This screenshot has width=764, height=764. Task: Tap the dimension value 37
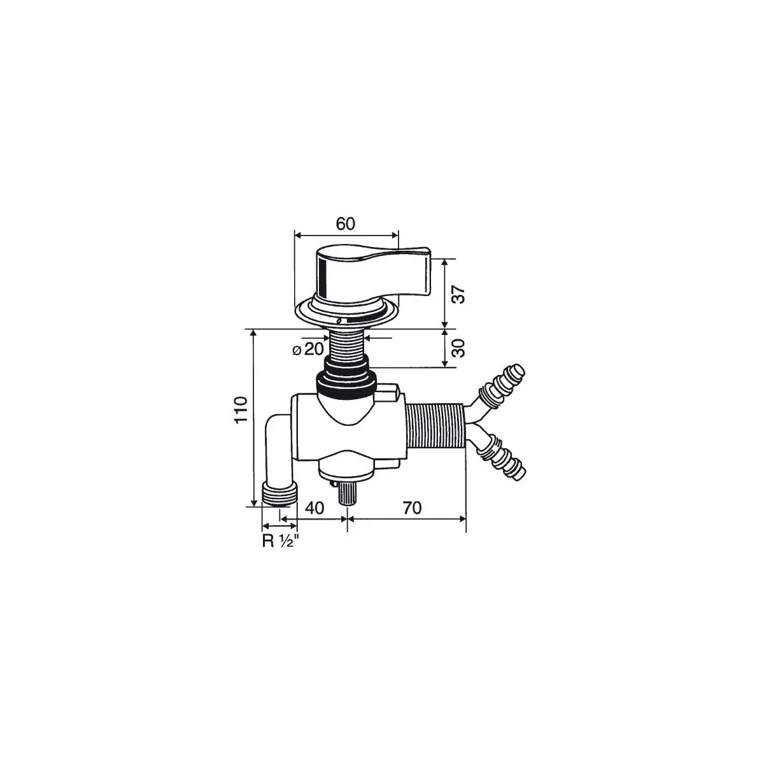(458, 294)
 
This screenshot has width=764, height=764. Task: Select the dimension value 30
(458, 348)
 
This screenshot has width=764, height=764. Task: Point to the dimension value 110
(241, 410)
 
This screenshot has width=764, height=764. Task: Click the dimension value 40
(315, 508)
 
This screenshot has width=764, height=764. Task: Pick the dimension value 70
(412, 508)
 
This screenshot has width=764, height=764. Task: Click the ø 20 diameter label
(308, 350)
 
